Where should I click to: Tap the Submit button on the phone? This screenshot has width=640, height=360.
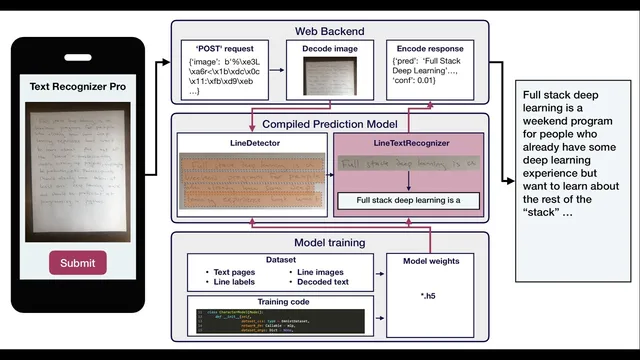[x=78, y=263]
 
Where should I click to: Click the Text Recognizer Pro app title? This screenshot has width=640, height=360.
[x=78, y=87]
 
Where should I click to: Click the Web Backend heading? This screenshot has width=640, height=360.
[x=330, y=30]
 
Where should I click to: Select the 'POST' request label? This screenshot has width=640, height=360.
[x=224, y=47]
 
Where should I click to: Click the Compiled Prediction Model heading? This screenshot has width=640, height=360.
[x=330, y=124]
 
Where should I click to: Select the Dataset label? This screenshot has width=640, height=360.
[x=277, y=259]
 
